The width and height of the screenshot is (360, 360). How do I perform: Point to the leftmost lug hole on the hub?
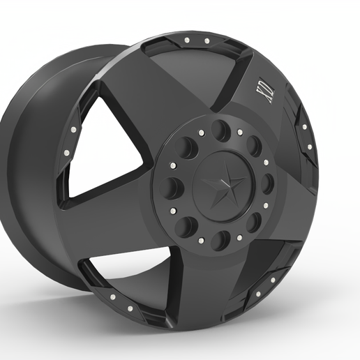(171, 188)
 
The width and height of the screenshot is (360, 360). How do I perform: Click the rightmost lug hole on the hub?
(267, 183)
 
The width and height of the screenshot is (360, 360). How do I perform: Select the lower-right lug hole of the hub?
(254, 222)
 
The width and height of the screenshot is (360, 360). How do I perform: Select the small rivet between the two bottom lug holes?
(202, 241)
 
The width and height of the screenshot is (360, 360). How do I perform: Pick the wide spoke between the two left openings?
(105, 223)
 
